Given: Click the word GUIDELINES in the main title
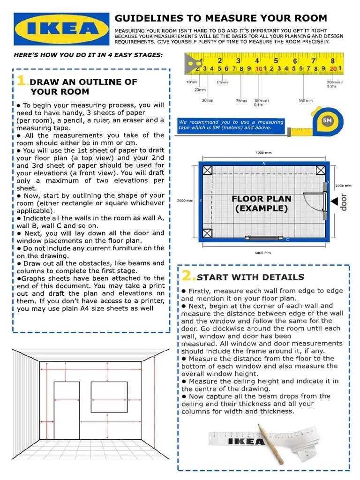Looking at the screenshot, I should (147, 18).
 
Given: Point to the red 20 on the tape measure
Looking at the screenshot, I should (333, 69).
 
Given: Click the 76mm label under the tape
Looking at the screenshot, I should (241, 100).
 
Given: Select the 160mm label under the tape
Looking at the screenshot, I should (305, 100).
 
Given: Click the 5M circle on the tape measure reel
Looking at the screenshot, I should (327, 120).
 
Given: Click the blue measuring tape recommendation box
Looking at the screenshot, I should (231, 125).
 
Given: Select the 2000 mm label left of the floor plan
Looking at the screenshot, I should (185, 201).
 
